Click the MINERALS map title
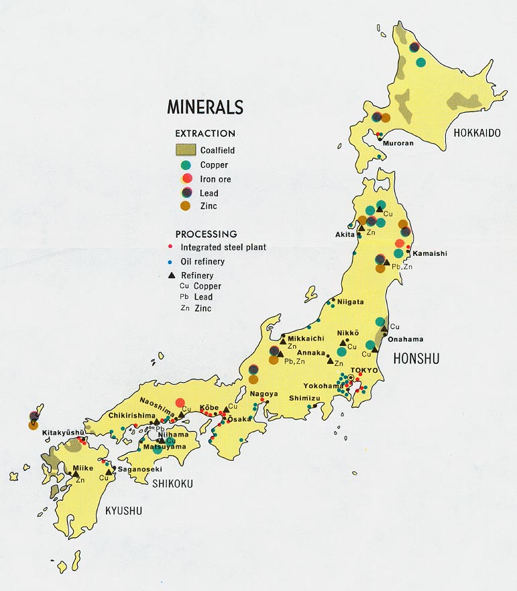(205, 107)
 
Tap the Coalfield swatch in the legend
(186, 150)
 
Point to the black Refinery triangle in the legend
(172, 275)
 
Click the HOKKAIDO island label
(477, 133)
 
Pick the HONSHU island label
(417, 359)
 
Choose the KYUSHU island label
(123, 510)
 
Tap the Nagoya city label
(264, 394)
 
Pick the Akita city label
(347, 234)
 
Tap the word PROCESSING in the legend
(206, 234)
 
